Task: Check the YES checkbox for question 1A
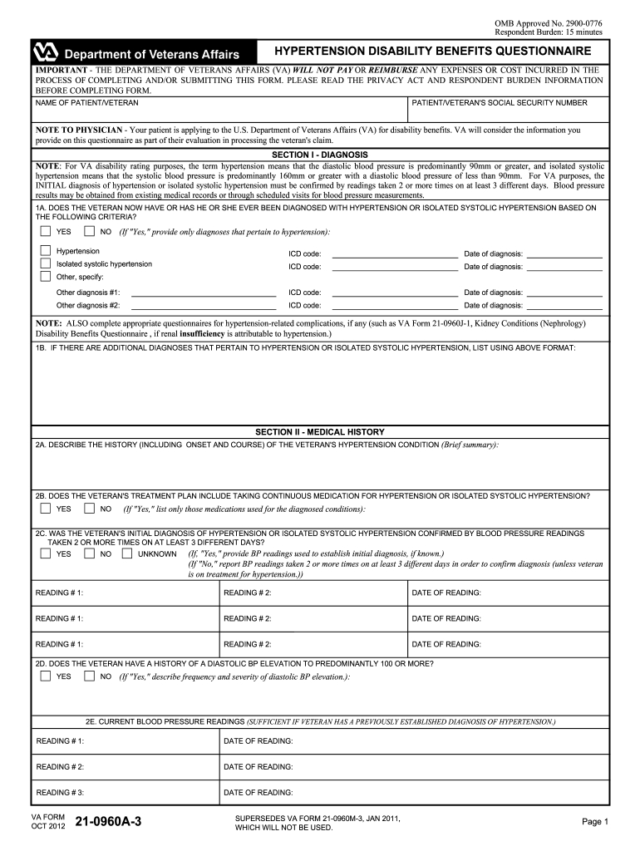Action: pyautogui.click(x=46, y=231)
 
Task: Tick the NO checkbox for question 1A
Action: pyautogui.click(x=89, y=231)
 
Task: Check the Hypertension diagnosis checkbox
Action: pyautogui.click(x=46, y=251)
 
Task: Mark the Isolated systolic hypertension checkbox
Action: pyautogui.click(x=46, y=264)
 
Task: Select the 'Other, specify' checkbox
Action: pyautogui.click(x=46, y=277)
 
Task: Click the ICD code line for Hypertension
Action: pyautogui.click(x=394, y=254)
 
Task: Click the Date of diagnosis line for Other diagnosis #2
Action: pyautogui.click(x=564, y=306)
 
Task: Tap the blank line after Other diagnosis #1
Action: pyautogui.click(x=204, y=293)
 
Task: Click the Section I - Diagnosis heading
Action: pyautogui.click(x=319, y=155)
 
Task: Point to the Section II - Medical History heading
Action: pyautogui.click(x=319, y=432)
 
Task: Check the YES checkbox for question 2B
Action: pyautogui.click(x=46, y=509)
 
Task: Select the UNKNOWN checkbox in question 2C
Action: pyautogui.click(x=127, y=553)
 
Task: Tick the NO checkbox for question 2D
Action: pyautogui.click(x=89, y=676)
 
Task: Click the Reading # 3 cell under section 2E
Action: pyautogui.click(x=125, y=793)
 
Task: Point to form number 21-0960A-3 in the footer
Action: pyautogui.click(x=108, y=823)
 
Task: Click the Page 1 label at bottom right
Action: pyautogui.click(x=596, y=822)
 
